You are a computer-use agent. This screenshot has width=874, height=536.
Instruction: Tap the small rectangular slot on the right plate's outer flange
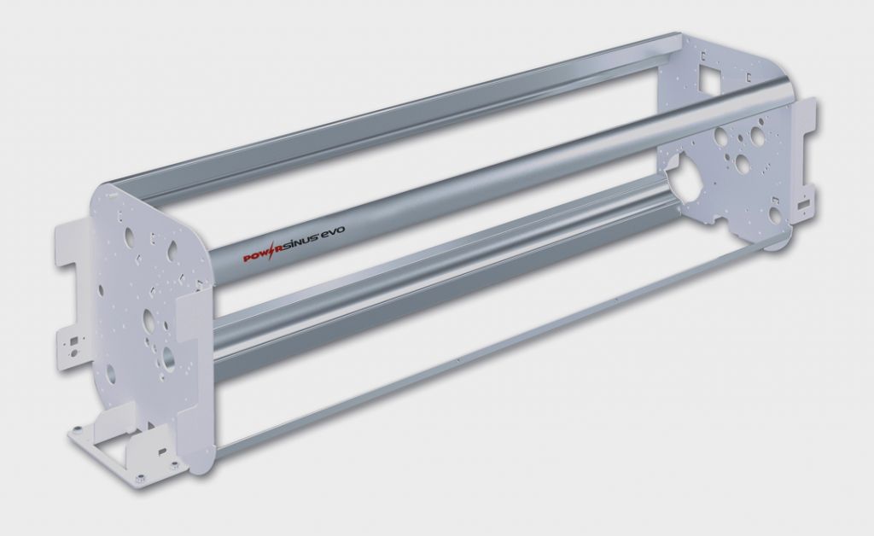coord(803,205)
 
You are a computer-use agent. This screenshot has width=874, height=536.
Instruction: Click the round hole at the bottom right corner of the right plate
coord(774,215)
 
